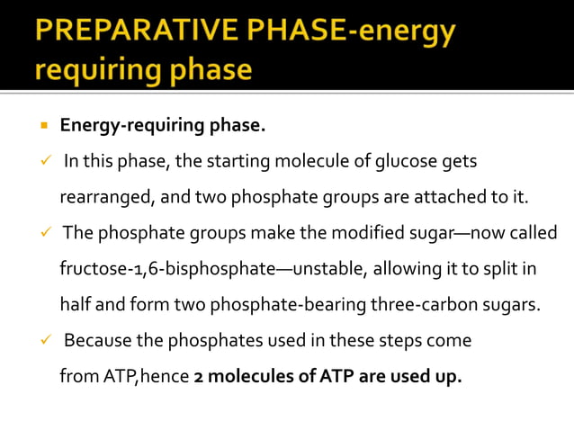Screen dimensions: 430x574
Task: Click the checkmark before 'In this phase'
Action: click(43, 161)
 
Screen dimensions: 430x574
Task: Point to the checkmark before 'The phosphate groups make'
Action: click(43, 233)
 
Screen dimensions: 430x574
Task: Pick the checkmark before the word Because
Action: click(43, 341)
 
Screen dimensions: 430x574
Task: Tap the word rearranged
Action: click(106, 197)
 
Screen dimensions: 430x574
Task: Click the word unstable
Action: click(329, 269)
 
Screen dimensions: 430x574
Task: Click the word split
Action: click(509, 269)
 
